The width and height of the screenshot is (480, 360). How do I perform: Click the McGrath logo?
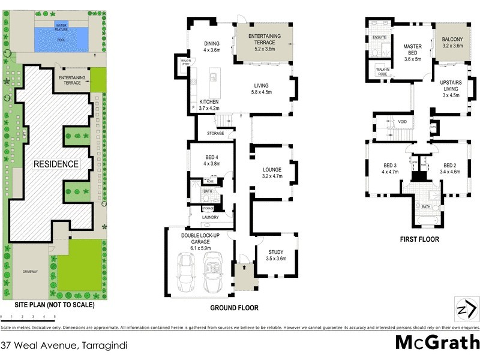pyautogui.click(x=437, y=343)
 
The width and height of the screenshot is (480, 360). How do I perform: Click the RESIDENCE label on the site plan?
pyautogui.click(x=56, y=164)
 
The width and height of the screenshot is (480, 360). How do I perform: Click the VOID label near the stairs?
pyautogui.click(x=403, y=122)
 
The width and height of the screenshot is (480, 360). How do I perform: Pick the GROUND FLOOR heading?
pyautogui.click(x=234, y=308)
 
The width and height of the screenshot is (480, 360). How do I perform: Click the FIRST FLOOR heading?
pyautogui.click(x=420, y=239)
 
